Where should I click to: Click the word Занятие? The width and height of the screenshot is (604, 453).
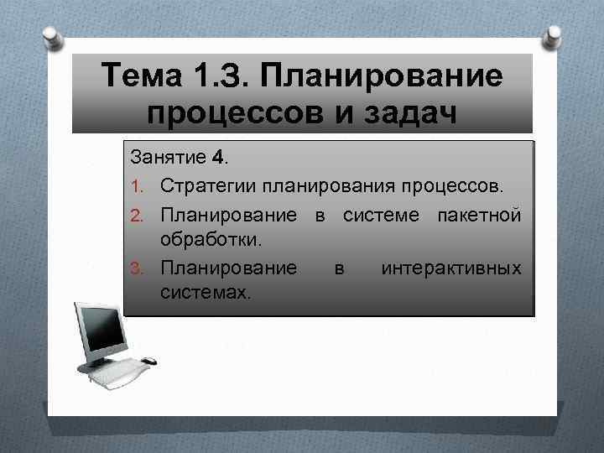(164, 158)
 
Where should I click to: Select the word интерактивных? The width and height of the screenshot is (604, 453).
(451, 268)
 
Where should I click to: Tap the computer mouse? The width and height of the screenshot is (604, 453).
(148, 362)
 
